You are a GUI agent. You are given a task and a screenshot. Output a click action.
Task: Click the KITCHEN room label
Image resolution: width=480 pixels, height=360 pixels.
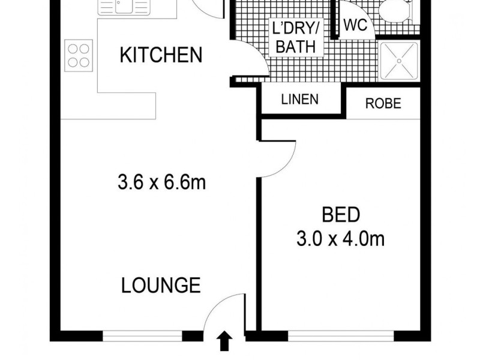point(161,56)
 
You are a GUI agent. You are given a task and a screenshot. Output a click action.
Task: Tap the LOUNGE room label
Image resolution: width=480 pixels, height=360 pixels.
point(161,285)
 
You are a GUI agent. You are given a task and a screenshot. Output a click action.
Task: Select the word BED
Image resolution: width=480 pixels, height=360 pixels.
point(341,214)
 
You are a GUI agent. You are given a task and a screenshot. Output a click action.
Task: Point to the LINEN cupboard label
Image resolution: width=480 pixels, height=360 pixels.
point(299,100)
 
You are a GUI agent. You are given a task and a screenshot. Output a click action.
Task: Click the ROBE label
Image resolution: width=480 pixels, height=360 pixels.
point(383,103)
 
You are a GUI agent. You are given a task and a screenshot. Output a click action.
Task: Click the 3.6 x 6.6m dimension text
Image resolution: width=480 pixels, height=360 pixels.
point(162,182)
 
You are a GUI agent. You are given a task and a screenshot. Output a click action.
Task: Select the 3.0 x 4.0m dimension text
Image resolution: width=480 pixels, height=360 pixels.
point(340,239)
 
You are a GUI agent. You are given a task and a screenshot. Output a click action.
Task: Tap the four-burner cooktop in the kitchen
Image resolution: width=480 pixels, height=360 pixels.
point(77,55)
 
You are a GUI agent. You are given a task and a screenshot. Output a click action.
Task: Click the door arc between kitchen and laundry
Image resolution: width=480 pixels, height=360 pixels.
point(247,64)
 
